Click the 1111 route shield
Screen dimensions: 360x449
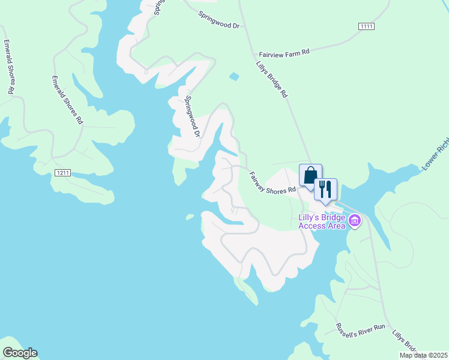click(366, 26)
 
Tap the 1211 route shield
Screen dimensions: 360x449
click(62, 173)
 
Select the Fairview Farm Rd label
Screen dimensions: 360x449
click(284, 53)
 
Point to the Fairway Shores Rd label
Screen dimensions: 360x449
click(273, 182)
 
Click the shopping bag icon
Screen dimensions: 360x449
click(310, 176)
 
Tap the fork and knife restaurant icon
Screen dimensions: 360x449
click(325, 189)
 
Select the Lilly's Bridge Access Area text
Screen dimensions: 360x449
click(322, 221)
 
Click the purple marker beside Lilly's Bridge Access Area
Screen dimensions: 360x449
click(355, 221)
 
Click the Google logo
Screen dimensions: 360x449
click(20, 353)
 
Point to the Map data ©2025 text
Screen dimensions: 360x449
click(423, 355)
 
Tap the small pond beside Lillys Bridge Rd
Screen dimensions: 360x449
click(234, 76)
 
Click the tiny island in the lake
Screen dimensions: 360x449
click(190, 217)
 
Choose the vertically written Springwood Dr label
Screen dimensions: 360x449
click(192, 116)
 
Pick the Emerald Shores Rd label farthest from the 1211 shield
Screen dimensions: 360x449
click(8, 67)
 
